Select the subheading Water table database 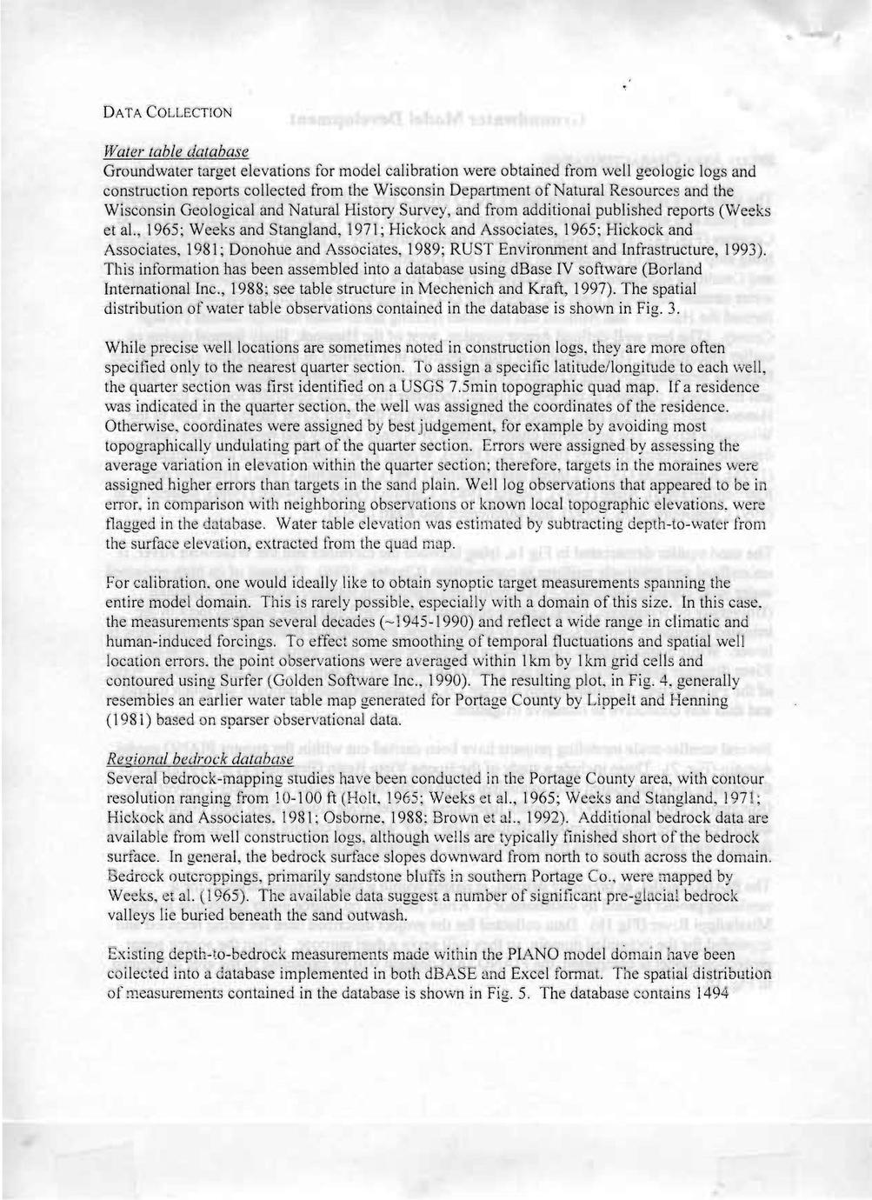point(176,151)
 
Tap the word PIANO point(501,954)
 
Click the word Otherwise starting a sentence point(139,427)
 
